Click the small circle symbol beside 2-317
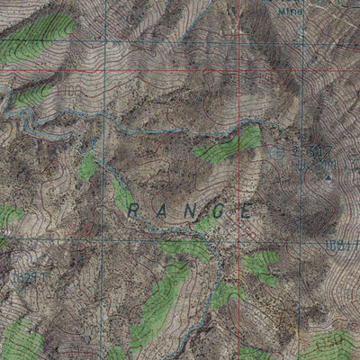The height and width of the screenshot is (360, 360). [x=276, y=154]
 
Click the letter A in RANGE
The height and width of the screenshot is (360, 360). [x=162, y=211]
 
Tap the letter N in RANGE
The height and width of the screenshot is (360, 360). [x=191, y=212]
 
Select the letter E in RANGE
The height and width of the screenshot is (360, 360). [x=246, y=212]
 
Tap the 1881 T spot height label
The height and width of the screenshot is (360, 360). [x=342, y=244]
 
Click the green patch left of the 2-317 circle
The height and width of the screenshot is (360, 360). [x=229, y=146]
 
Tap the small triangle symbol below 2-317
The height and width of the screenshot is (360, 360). [x=328, y=177]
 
